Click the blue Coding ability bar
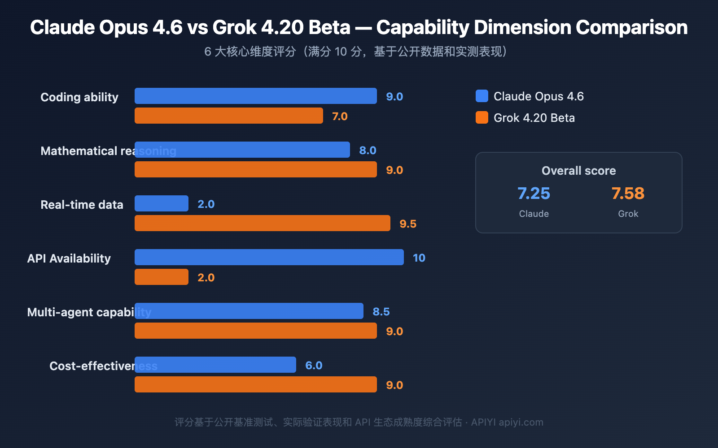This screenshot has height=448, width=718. (x=256, y=96)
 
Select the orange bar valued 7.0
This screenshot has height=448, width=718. (x=229, y=116)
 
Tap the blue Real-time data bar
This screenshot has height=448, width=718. (x=162, y=203)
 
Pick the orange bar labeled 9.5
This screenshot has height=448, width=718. (x=263, y=223)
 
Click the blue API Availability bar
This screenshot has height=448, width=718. (x=269, y=257)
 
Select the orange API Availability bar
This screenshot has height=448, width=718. (x=162, y=277)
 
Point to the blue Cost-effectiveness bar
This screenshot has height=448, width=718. (x=215, y=365)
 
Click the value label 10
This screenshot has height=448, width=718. (x=419, y=258)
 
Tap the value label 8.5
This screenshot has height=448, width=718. (x=381, y=312)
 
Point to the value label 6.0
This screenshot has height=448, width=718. (x=314, y=366)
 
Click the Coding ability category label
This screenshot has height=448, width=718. (x=79, y=97)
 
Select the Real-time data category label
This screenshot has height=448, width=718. (x=82, y=205)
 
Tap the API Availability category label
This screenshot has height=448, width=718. (x=69, y=258)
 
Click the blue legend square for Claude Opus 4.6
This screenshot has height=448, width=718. (x=482, y=96)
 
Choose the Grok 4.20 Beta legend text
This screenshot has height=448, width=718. (x=534, y=118)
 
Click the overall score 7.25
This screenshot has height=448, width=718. (x=534, y=194)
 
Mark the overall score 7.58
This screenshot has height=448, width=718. (x=628, y=194)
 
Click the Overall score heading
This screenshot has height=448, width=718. (x=578, y=171)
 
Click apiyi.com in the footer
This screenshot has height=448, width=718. (x=521, y=422)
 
